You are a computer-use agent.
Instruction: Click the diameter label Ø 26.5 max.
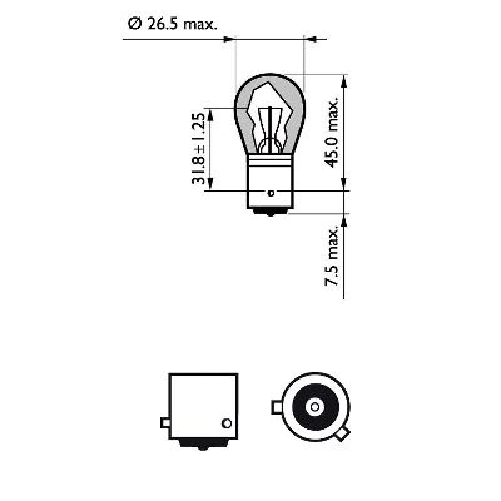(172, 24)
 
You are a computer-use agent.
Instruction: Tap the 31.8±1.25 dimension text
(199, 149)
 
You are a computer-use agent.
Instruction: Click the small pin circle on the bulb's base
(271, 192)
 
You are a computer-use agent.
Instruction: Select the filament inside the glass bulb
(270, 125)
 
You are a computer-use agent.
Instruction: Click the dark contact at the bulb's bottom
(270, 212)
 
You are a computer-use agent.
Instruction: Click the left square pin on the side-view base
(165, 422)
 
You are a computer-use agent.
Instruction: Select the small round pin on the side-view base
(227, 422)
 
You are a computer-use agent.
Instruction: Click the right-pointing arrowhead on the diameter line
(229, 40)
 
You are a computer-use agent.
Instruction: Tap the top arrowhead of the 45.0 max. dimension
(343, 80)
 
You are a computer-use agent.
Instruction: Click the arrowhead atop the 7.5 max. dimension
(343, 219)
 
